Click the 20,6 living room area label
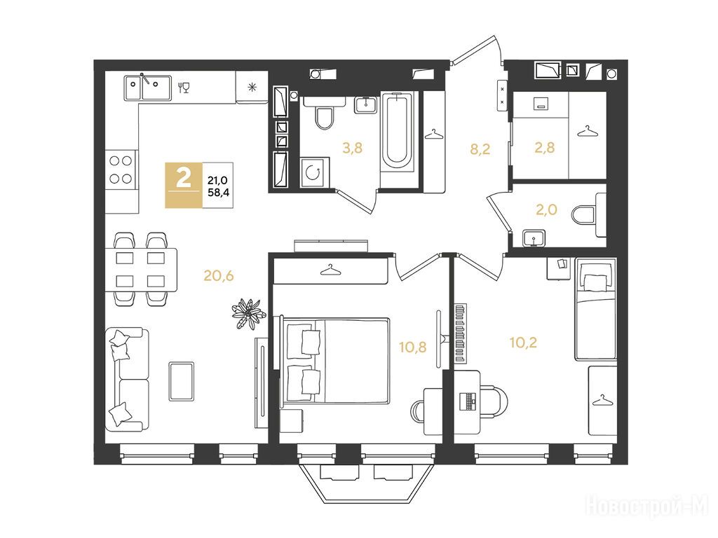pos(219,275)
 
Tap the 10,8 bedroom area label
pos(412,347)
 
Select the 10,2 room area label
pos(523,342)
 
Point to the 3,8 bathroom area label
pos(352,147)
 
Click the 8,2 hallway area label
pos(480,149)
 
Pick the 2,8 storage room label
pos(544,147)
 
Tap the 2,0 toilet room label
pos(546,209)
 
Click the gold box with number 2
pos(184,185)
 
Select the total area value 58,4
pos(219,192)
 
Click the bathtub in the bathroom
pos(397,131)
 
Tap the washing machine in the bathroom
pos(315,172)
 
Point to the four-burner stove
pos(121,170)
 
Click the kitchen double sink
pos(147,88)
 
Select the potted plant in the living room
pos(248,313)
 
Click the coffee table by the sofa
pos(182,381)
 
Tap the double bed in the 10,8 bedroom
pos(334,361)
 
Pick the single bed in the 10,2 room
pos(595,310)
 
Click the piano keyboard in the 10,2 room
pos(461,333)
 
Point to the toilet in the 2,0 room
pos(589,214)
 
